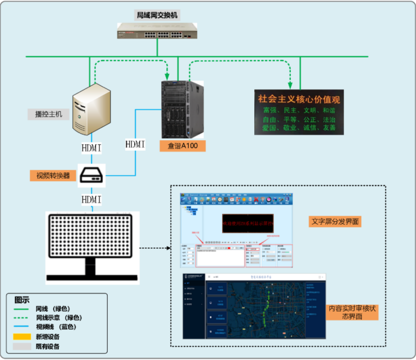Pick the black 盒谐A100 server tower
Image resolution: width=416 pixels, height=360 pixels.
pos(181,110)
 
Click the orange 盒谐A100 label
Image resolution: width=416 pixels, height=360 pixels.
pos(183,146)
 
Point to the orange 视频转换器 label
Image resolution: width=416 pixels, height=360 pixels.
pos(53,175)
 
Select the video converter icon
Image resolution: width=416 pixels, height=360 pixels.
pos(92,177)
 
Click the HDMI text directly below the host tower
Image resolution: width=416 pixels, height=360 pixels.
pos(92,148)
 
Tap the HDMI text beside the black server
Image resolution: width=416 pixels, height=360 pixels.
pos(135,144)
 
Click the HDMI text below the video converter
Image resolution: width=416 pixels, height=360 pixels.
pos(92,199)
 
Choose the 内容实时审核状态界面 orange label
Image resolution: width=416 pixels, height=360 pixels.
pos(352,312)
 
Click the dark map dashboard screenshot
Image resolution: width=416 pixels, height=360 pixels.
pos(254,306)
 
